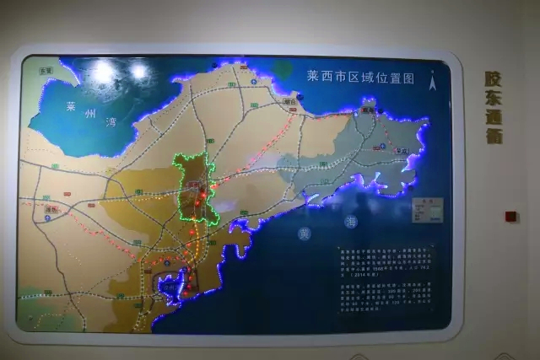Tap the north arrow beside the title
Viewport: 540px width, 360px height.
coord(433,82)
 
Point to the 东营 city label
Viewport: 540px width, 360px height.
coord(45,72)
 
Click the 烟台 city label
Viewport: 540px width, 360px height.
coord(289,100)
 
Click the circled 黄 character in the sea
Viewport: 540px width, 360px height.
coord(304,234)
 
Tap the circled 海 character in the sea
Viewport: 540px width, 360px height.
coord(351,222)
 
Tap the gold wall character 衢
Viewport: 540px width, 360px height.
coord(494,135)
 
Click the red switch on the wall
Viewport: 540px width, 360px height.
coord(510,216)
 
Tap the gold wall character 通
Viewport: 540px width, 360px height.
coord(494,116)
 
